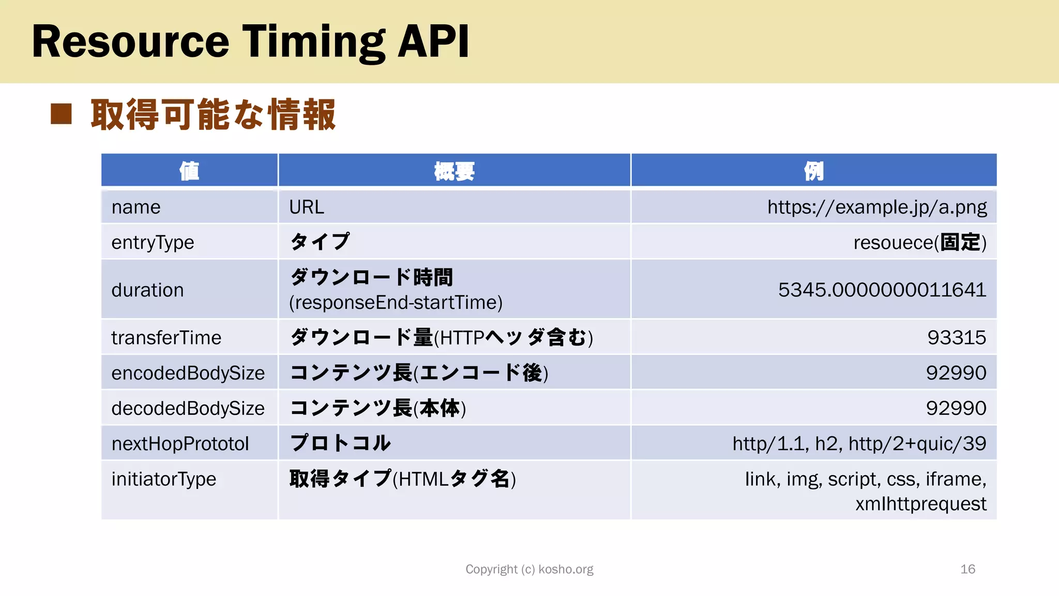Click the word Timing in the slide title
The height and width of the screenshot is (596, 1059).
pyautogui.click(x=314, y=42)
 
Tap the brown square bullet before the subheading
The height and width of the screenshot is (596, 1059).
pyautogui.click(x=61, y=114)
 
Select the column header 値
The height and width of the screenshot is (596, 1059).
pyautogui.click(x=189, y=171)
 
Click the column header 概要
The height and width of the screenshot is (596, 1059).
pyautogui.click(x=454, y=171)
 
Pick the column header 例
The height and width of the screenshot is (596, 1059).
pyautogui.click(x=813, y=171)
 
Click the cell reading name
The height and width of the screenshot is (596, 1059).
pyautogui.click(x=136, y=207)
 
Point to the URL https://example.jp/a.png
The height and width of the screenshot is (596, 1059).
pyautogui.click(x=876, y=207)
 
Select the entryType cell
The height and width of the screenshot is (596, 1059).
pyautogui.click(x=153, y=243)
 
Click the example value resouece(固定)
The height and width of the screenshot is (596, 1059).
pyautogui.click(x=919, y=243)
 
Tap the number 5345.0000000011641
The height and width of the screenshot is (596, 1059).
pyautogui.click(x=882, y=290)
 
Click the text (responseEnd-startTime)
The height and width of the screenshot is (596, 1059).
pyautogui.click(x=396, y=303)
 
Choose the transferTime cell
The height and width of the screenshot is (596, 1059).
pyautogui.click(x=166, y=338)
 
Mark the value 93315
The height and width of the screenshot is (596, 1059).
pyautogui.click(x=957, y=338)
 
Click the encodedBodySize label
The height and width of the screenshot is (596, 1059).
pyautogui.click(x=188, y=373)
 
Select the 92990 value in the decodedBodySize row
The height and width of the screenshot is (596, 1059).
pyautogui.click(x=956, y=408)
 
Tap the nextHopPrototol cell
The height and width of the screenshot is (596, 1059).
pyautogui.click(x=180, y=444)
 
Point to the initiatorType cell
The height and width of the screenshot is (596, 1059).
pyautogui.click(x=163, y=479)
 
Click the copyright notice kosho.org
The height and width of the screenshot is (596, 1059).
pyautogui.click(x=529, y=570)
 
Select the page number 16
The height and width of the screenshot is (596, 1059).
pyautogui.click(x=967, y=570)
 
